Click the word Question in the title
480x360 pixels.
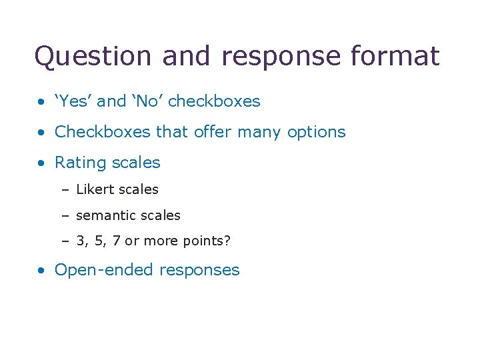tap(94, 57)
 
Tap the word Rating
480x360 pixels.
tap(78, 163)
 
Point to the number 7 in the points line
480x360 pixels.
tap(117, 241)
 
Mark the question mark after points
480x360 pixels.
tap(227, 241)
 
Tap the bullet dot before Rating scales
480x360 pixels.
tap(42, 163)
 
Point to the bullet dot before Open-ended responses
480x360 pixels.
tap(42, 271)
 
